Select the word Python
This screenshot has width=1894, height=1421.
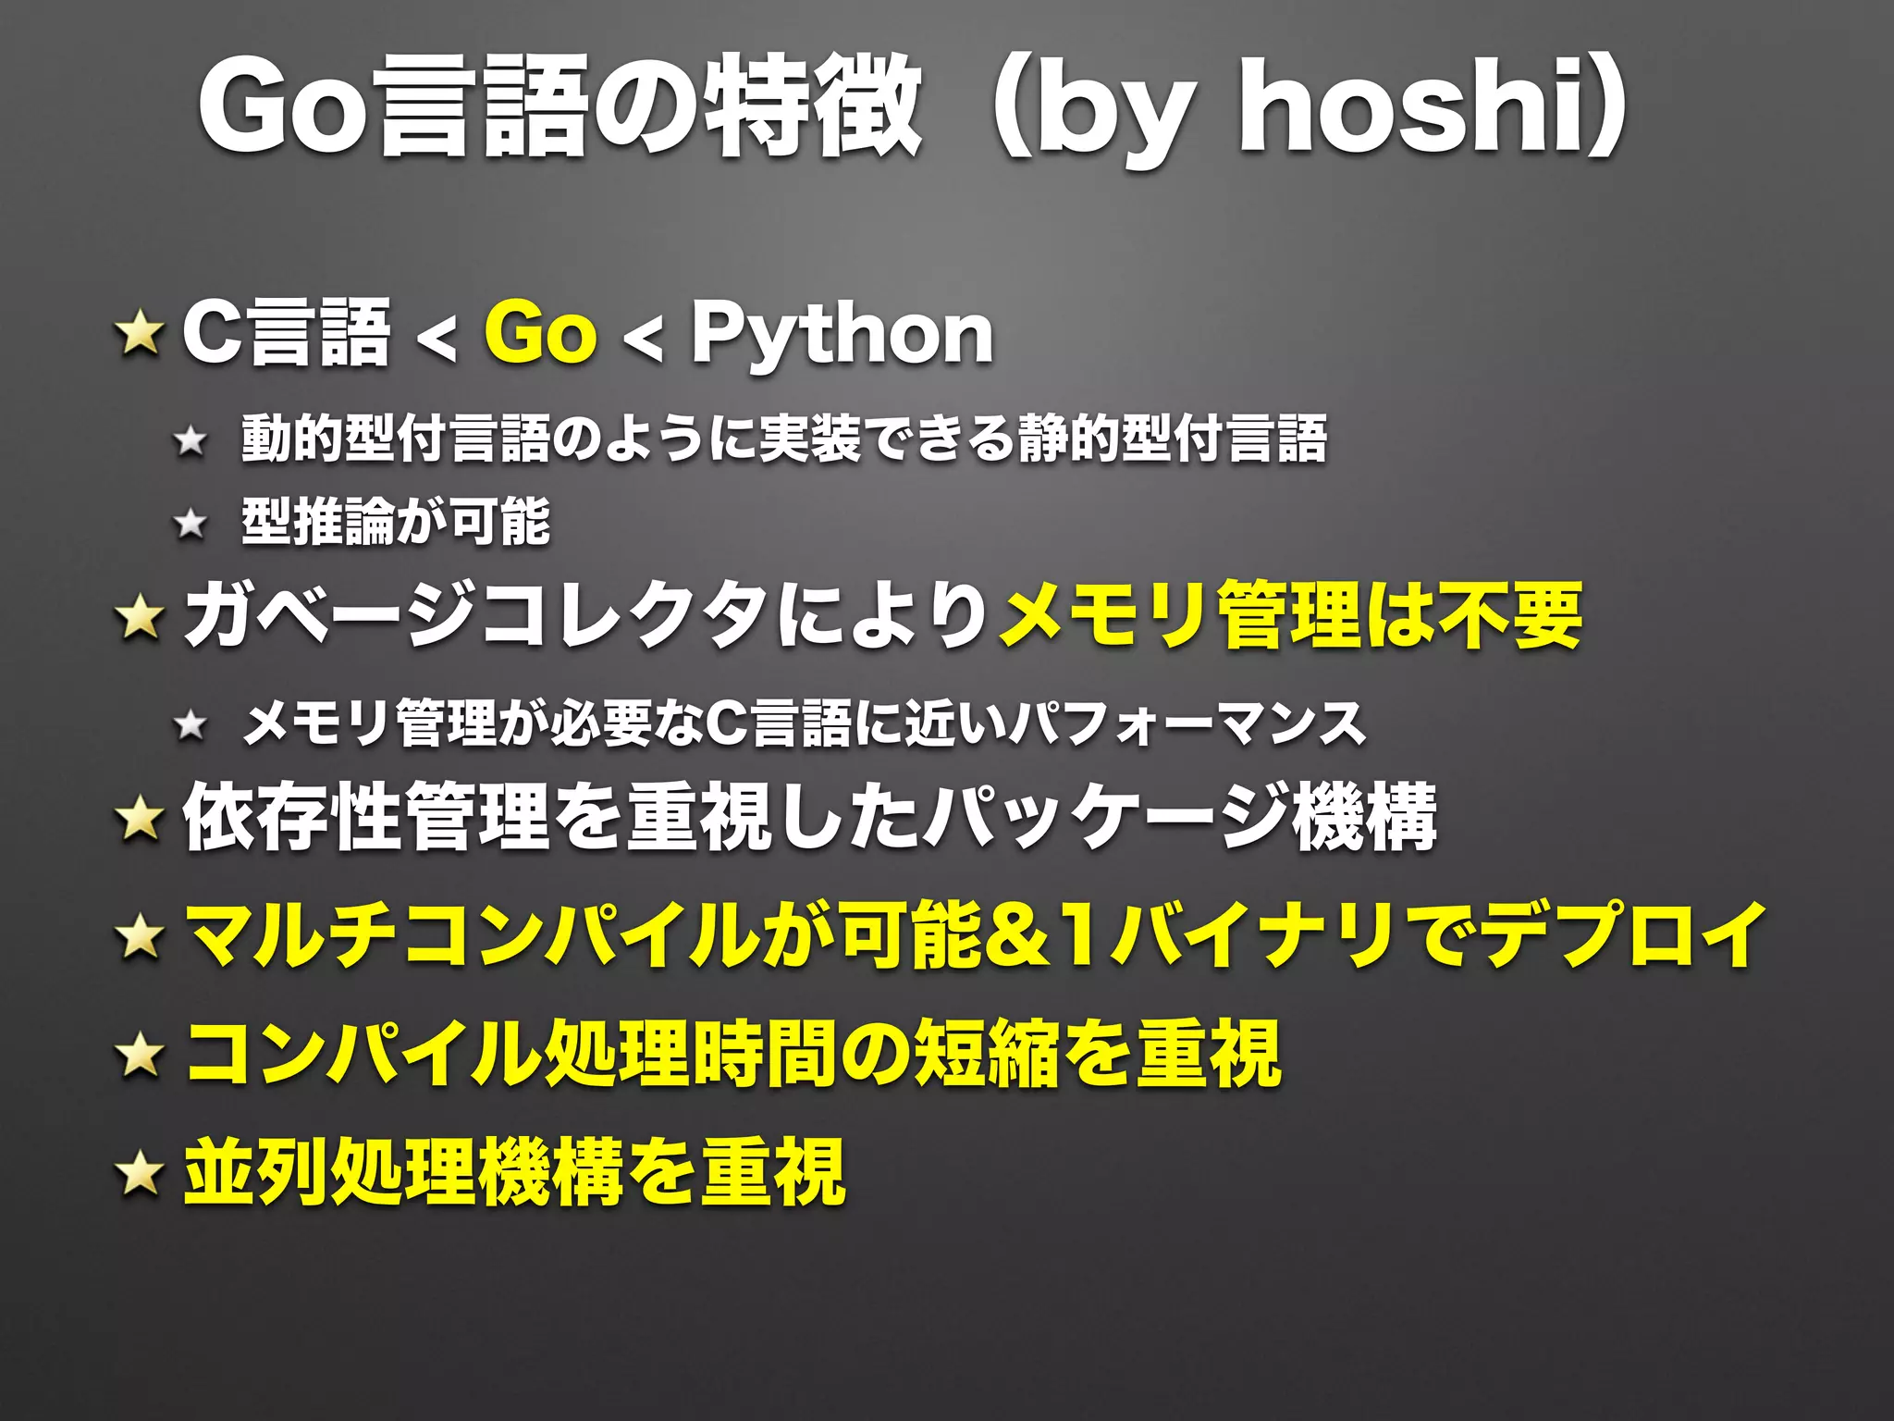tap(842, 335)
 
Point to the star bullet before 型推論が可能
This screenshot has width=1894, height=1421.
tap(191, 524)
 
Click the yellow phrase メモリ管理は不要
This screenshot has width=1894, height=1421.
tap(1291, 616)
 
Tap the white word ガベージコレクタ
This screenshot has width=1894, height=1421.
tap(475, 616)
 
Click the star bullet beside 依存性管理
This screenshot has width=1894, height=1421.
tap(140, 818)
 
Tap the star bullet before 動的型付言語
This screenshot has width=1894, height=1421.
tap(191, 440)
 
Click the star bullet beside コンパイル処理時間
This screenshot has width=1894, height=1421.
tap(140, 1055)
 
